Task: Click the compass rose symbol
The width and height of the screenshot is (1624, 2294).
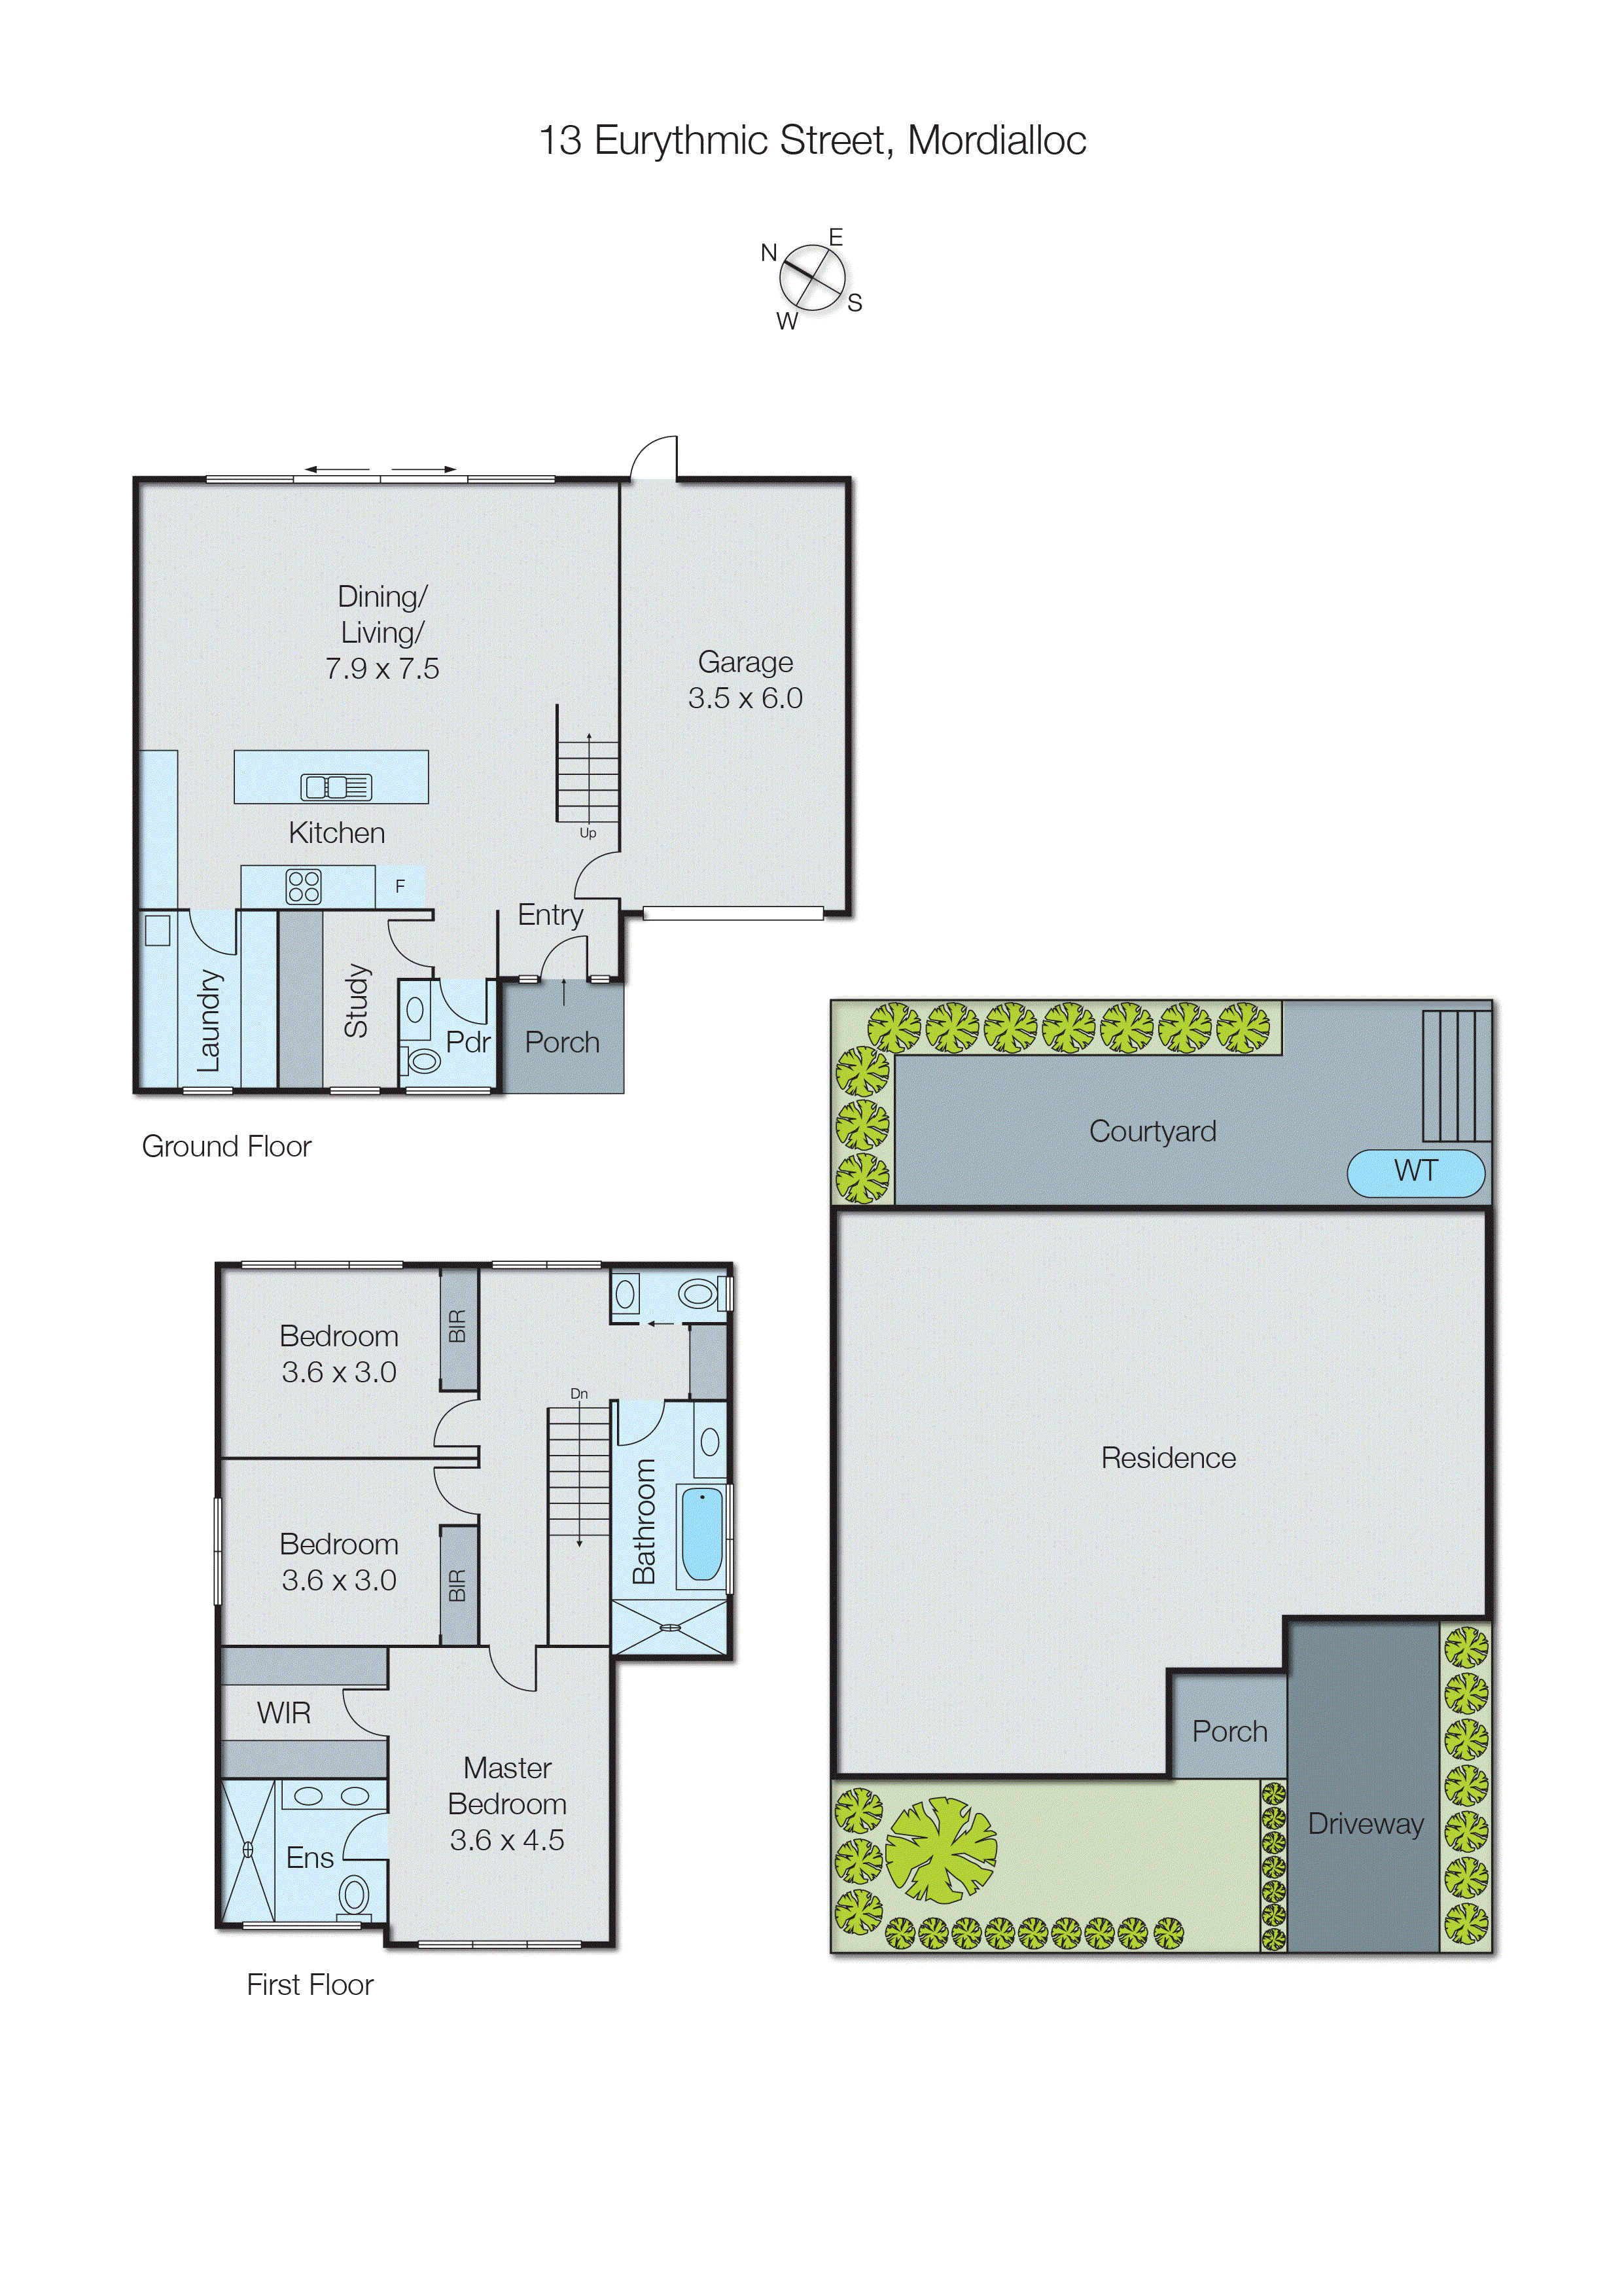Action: pos(812,278)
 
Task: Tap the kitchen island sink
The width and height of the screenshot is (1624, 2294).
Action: pos(336,787)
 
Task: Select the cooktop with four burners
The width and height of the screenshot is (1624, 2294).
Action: pos(303,887)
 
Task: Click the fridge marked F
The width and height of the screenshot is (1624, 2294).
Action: pos(400,887)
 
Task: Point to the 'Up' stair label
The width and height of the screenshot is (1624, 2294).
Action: pos(588,833)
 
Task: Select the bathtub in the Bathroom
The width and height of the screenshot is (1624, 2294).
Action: pos(702,1535)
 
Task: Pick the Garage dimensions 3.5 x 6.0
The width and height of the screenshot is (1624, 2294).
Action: pos(745,698)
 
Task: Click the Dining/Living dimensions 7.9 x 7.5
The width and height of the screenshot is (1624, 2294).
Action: pos(382,668)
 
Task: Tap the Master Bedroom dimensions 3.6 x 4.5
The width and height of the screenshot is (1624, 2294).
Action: pos(507,1840)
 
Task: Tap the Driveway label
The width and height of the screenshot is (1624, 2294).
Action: pos(1365,1824)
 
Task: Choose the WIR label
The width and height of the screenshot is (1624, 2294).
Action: pos(284,1713)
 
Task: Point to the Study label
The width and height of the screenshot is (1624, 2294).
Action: pos(356,1001)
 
